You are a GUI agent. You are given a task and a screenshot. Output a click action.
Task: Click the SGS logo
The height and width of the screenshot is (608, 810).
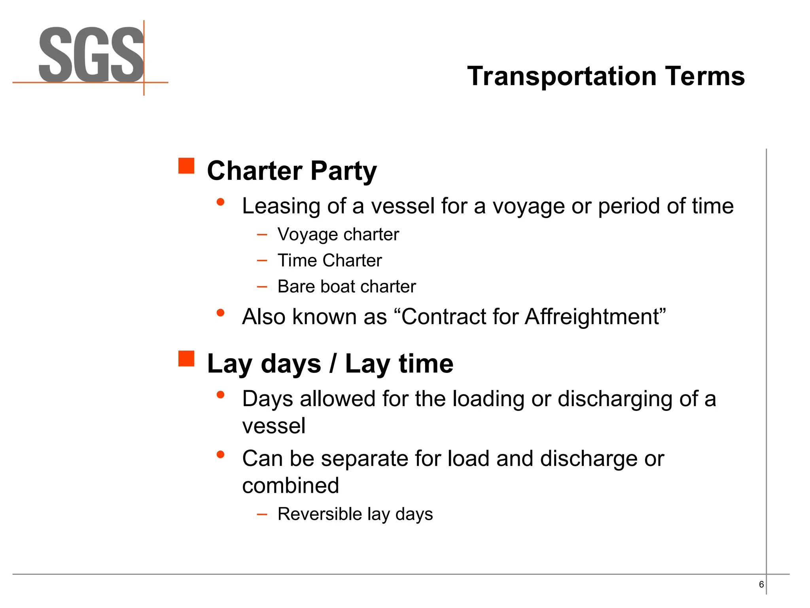tap(91, 55)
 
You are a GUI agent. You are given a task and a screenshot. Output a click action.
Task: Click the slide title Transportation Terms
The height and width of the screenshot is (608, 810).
tap(606, 76)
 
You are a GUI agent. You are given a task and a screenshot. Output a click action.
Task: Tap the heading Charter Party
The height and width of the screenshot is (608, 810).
tap(292, 171)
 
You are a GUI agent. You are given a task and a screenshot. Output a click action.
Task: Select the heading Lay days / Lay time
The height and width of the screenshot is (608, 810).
tap(330, 363)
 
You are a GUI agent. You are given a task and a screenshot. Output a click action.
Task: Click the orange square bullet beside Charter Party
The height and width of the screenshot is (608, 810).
tap(186, 166)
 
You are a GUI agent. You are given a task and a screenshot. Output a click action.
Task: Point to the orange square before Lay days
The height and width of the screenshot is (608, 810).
tap(186, 359)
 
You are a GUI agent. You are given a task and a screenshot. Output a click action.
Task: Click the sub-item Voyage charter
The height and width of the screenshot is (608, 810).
tap(338, 234)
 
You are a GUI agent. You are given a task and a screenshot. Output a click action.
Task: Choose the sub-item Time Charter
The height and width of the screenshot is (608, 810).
tap(329, 260)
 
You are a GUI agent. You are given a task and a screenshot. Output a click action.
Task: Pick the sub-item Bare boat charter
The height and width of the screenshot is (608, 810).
tap(346, 286)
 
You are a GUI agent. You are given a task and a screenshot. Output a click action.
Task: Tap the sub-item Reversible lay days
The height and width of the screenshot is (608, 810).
tap(355, 514)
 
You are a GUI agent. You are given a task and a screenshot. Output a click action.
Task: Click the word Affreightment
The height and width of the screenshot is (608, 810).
tap(592, 317)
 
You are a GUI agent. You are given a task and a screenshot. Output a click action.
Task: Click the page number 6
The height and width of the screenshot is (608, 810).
tap(761, 585)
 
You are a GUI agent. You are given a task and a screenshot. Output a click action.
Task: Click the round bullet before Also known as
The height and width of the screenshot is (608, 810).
tap(221, 313)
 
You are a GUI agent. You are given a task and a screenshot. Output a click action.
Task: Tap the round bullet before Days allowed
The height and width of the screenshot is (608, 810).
tap(221, 395)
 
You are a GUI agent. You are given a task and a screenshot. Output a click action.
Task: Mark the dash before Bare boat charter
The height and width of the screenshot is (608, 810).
tap(262, 286)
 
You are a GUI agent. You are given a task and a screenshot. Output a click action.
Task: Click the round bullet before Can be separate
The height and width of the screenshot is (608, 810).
tap(221, 454)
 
